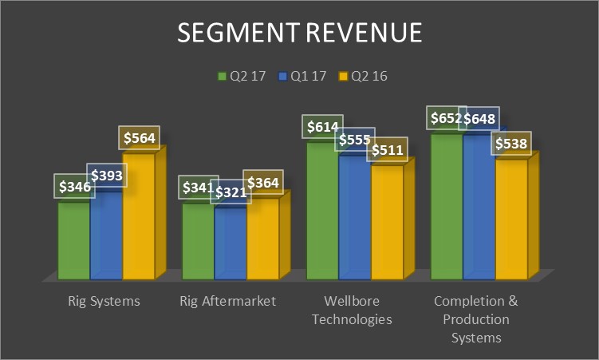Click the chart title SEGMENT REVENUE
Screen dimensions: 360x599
click(x=299, y=34)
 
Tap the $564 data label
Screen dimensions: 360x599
click(x=139, y=137)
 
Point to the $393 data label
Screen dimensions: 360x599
click(x=107, y=176)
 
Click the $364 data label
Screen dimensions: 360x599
click(x=262, y=183)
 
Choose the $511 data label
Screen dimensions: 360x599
click(x=386, y=149)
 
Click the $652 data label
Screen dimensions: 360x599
click(x=444, y=118)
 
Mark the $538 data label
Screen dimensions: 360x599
click(x=510, y=144)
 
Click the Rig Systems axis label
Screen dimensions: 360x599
click(x=104, y=302)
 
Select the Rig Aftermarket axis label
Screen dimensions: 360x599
click(x=227, y=302)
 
